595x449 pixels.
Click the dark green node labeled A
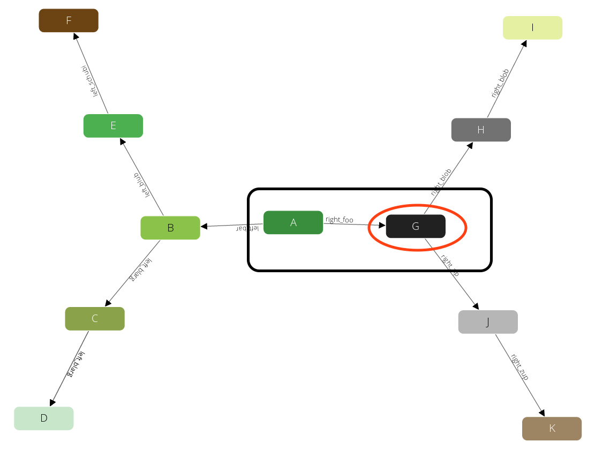(x=293, y=222)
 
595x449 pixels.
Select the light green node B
(x=170, y=228)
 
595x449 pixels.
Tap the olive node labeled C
(x=95, y=319)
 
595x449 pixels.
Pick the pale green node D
(x=44, y=418)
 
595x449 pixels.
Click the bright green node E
(x=113, y=126)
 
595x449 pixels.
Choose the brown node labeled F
(x=69, y=20)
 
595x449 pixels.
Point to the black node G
(x=416, y=226)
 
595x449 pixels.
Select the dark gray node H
(x=481, y=130)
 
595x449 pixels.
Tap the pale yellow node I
(x=532, y=28)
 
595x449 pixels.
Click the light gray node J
(x=488, y=322)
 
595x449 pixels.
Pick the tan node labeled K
(x=552, y=429)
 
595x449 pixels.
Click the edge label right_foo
(x=340, y=220)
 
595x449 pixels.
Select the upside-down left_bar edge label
(x=248, y=229)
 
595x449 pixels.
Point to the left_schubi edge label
(x=89, y=81)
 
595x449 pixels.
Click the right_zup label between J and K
(x=519, y=367)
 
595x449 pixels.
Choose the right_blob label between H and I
(x=501, y=83)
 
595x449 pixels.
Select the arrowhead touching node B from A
(x=204, y=226)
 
